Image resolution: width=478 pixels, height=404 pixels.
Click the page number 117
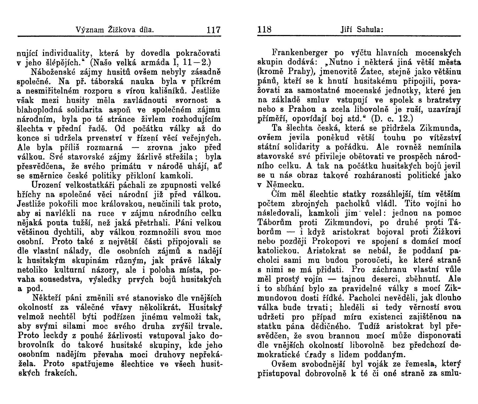213,29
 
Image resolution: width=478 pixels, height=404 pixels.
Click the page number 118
265,29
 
